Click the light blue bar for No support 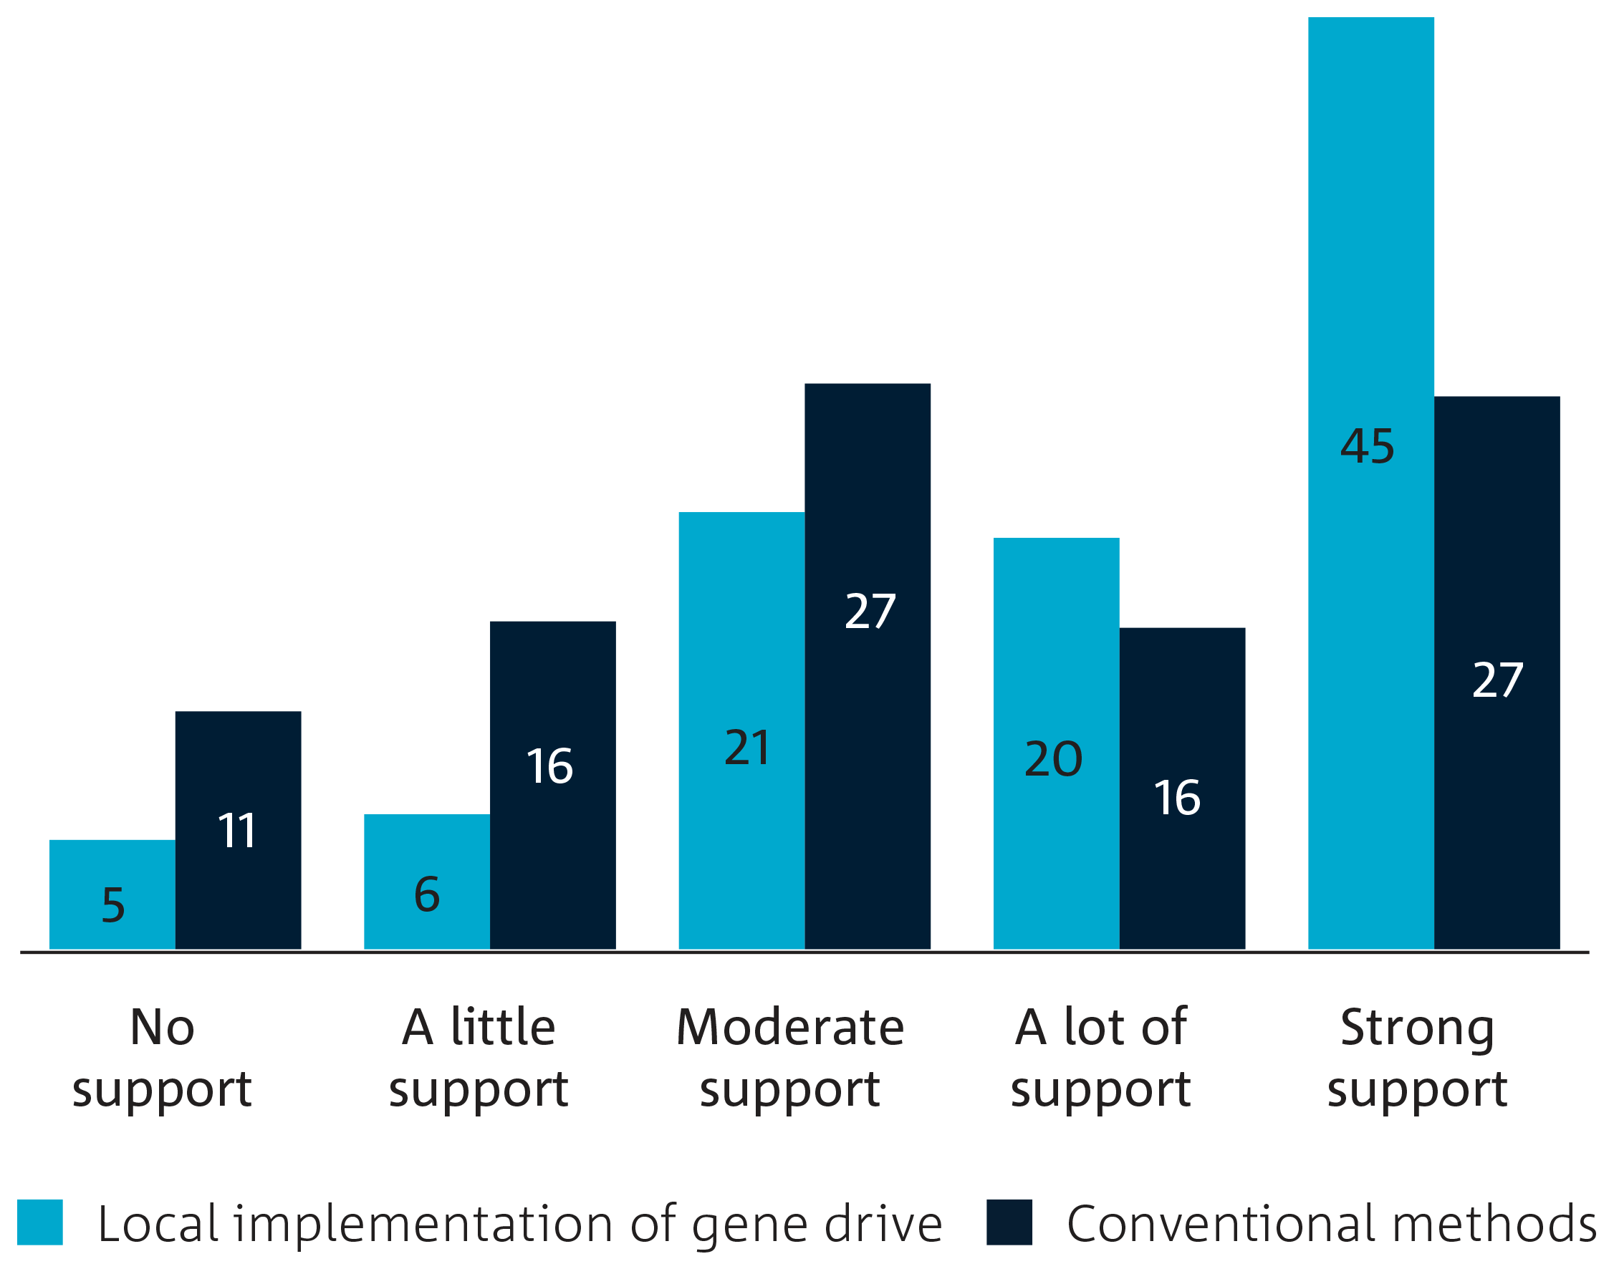coord(112,894)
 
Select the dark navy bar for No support coord(239,830)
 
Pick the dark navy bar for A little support coord(553,786)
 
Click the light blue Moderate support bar coord(741,731)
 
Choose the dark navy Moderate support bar coord(868,667)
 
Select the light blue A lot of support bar coord(1057,744)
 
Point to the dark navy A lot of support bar coord(1182,789)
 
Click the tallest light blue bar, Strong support coord(1371,483)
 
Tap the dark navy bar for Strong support coord(1497,673)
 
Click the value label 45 coord(1368,447)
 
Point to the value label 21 coord(748,748)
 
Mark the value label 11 coord(237,831)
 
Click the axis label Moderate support coord(791,1058)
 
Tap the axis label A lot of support coord(1100,1058)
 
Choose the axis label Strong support coord(1417,1058)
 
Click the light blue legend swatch coord(40,1222)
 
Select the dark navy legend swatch coord(1010,1222)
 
